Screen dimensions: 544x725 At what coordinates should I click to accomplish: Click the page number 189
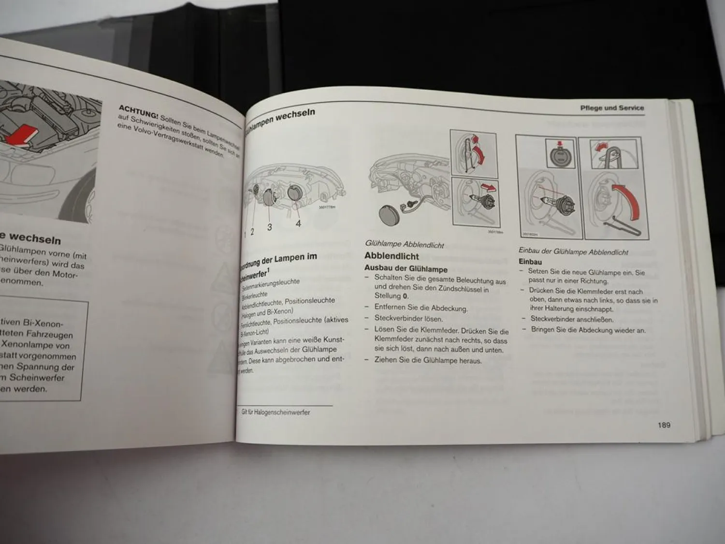(664, 425)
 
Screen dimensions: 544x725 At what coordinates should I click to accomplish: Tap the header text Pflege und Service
(612, 108)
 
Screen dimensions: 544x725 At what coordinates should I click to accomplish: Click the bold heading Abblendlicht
(391, 256)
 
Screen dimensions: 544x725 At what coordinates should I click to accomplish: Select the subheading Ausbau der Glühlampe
(406, 269)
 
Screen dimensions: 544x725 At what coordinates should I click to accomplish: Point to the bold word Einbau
(530, 262)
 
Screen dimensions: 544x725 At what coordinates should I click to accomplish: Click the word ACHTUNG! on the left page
(138, 112)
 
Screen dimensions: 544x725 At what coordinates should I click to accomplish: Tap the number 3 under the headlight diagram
(269, 227)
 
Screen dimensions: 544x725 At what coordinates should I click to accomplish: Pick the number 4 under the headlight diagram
(298, 223)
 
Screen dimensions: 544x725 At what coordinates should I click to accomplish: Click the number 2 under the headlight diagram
(252, 232)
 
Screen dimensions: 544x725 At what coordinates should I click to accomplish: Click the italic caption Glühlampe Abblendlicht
(404, 245)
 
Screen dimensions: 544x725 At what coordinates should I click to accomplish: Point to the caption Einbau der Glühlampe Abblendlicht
(573, 251)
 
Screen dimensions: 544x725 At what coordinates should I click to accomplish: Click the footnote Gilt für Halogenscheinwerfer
(275, 412)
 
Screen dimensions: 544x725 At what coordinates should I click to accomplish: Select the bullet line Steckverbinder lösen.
(408, 318)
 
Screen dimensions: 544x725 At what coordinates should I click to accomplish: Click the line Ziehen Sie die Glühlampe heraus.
(428, 360)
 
